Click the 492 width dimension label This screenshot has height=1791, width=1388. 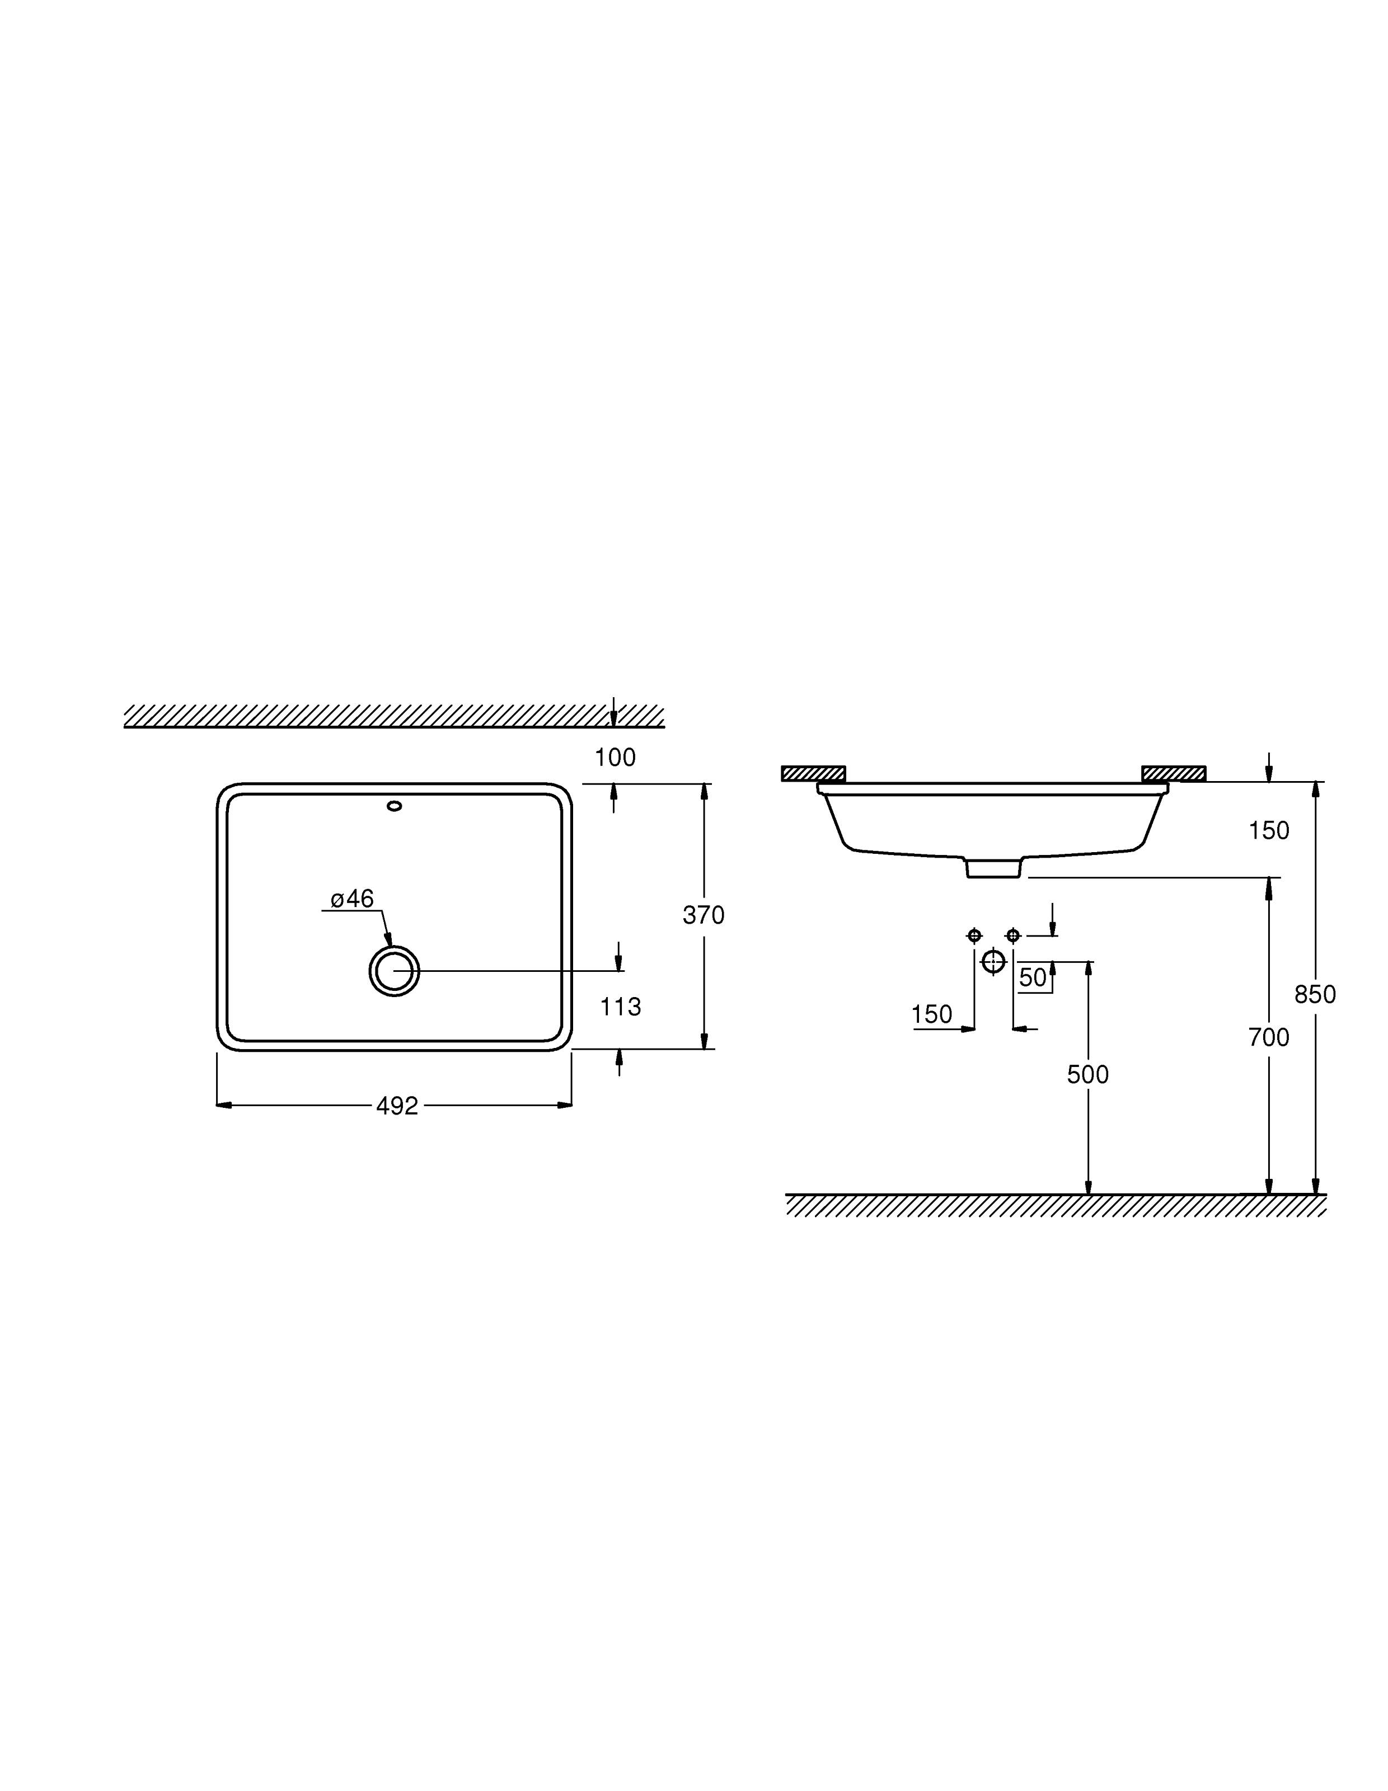pyautogui.click(x=397, y=1106)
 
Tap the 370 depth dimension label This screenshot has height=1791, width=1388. pyautogui.click(x=703, y=914)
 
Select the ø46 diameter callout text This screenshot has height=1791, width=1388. pyautogui.click(x=352, y=899)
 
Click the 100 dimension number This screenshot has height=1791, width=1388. pyautogui.click(x=615, y=758)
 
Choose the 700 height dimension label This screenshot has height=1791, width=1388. pyautogui.click(x=1269, y=1037)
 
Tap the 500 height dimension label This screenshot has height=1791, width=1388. pyautogui.click(x=1088, y=1074)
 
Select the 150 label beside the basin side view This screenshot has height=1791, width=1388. pyautogui.click(x=1269, y=831)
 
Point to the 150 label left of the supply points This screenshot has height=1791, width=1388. pyautogui.click(x=932, y=1014)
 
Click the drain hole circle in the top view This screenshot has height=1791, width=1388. pyautogui.click(x=395, y=971)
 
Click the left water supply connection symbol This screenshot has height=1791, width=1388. pyautogui.click(x=974, y=935)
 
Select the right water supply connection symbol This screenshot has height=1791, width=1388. pyautogui.click(x=1013, y=935)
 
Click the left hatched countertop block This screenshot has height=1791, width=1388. pyautogui.click(x=813, y=773)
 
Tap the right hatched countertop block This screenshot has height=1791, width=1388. pyautogui.click(x=1174, y=773)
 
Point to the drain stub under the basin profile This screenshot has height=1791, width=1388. pyautogui.click(x=993, y=868)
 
